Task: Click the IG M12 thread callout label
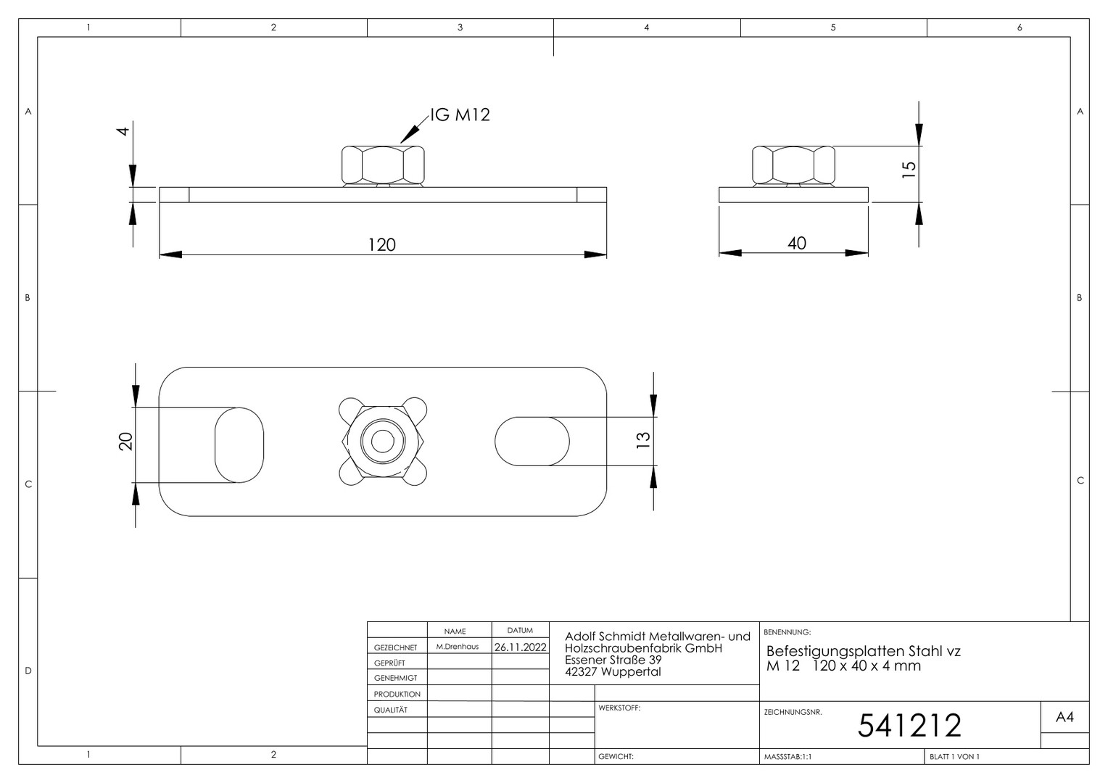pos(460,115)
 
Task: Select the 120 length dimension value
pos(382,245)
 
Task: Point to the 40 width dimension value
pos(797,244)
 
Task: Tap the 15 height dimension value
pos(909,170)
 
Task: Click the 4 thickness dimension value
pos(123,131)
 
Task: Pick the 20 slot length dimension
pos(126,442)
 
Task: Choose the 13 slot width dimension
pos(642,440)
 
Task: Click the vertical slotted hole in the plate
pos(239,444)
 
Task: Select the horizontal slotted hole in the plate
pos(532,442)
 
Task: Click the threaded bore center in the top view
pos(382,442)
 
